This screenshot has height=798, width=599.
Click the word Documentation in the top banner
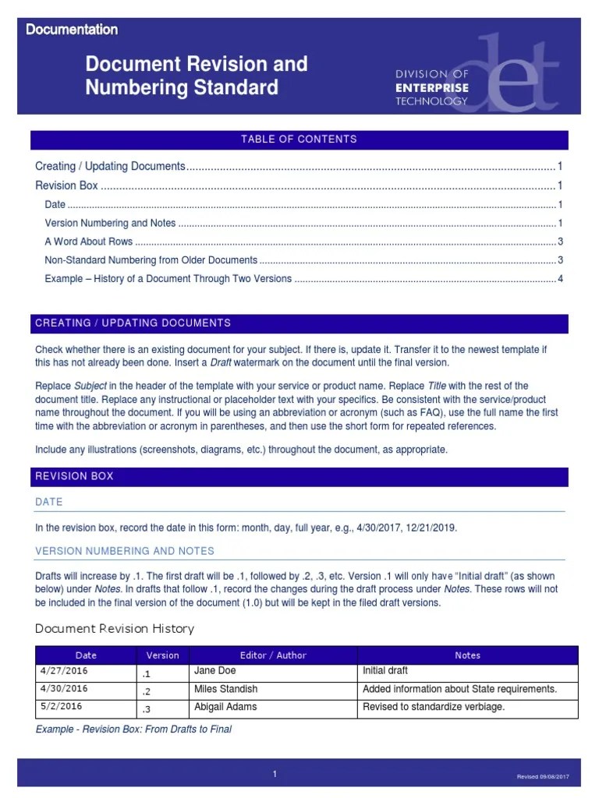(72, 30)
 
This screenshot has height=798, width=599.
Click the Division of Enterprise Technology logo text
(431, 87)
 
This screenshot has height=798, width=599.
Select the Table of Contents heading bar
(299, 139)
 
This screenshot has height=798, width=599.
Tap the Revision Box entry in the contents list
(67, 185)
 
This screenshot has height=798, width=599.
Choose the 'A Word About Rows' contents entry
(89, 242)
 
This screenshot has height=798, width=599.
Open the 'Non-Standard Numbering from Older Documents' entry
(151, 260)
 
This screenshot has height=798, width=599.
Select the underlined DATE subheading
(49, 502)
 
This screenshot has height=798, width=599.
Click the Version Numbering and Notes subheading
(124, 551)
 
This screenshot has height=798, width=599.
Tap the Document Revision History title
(115, 629)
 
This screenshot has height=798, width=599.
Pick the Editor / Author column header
(273, 655)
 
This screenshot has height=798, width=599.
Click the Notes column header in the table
(467, 655)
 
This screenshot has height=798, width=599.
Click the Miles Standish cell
(225, 689)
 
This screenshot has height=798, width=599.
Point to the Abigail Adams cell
(225, 707)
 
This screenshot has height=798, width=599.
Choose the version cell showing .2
(147, 690)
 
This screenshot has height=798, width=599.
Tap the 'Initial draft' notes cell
(385, 671)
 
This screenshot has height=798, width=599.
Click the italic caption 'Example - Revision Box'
(133, 729)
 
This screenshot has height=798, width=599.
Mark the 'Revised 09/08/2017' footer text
(543, 777)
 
